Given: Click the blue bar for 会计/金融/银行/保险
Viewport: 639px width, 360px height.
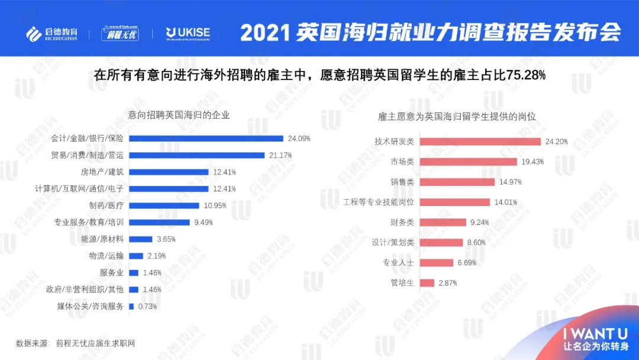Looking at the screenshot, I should [x=206, y=139].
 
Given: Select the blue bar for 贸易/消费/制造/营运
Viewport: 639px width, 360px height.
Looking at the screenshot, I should [x=196, y=155].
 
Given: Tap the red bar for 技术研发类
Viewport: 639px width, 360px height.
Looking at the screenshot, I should [x=480, y=142].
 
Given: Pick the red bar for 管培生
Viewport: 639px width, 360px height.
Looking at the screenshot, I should [x=427, y=283].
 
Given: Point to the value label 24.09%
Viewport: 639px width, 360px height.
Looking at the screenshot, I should [x=299, y=139].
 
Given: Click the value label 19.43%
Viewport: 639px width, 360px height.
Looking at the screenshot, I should [x=532, y=162].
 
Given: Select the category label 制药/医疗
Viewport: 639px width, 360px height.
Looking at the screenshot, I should [x=106, y=205].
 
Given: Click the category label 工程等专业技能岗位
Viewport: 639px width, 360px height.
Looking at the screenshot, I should [x=378, y=202].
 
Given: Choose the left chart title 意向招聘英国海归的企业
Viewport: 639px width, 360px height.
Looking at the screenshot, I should [x=179, y=115].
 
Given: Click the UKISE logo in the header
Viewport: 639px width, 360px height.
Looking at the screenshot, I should [x=188, y=33].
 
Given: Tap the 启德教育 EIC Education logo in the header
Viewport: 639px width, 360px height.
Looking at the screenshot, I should [x=52, y=33].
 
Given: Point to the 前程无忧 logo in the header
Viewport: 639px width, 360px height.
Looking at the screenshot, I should [x=120, y=33].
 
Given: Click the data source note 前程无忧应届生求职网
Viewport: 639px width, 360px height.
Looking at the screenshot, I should [x=99, y=343].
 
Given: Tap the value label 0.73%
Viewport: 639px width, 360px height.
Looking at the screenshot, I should [x=148, y=306].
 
